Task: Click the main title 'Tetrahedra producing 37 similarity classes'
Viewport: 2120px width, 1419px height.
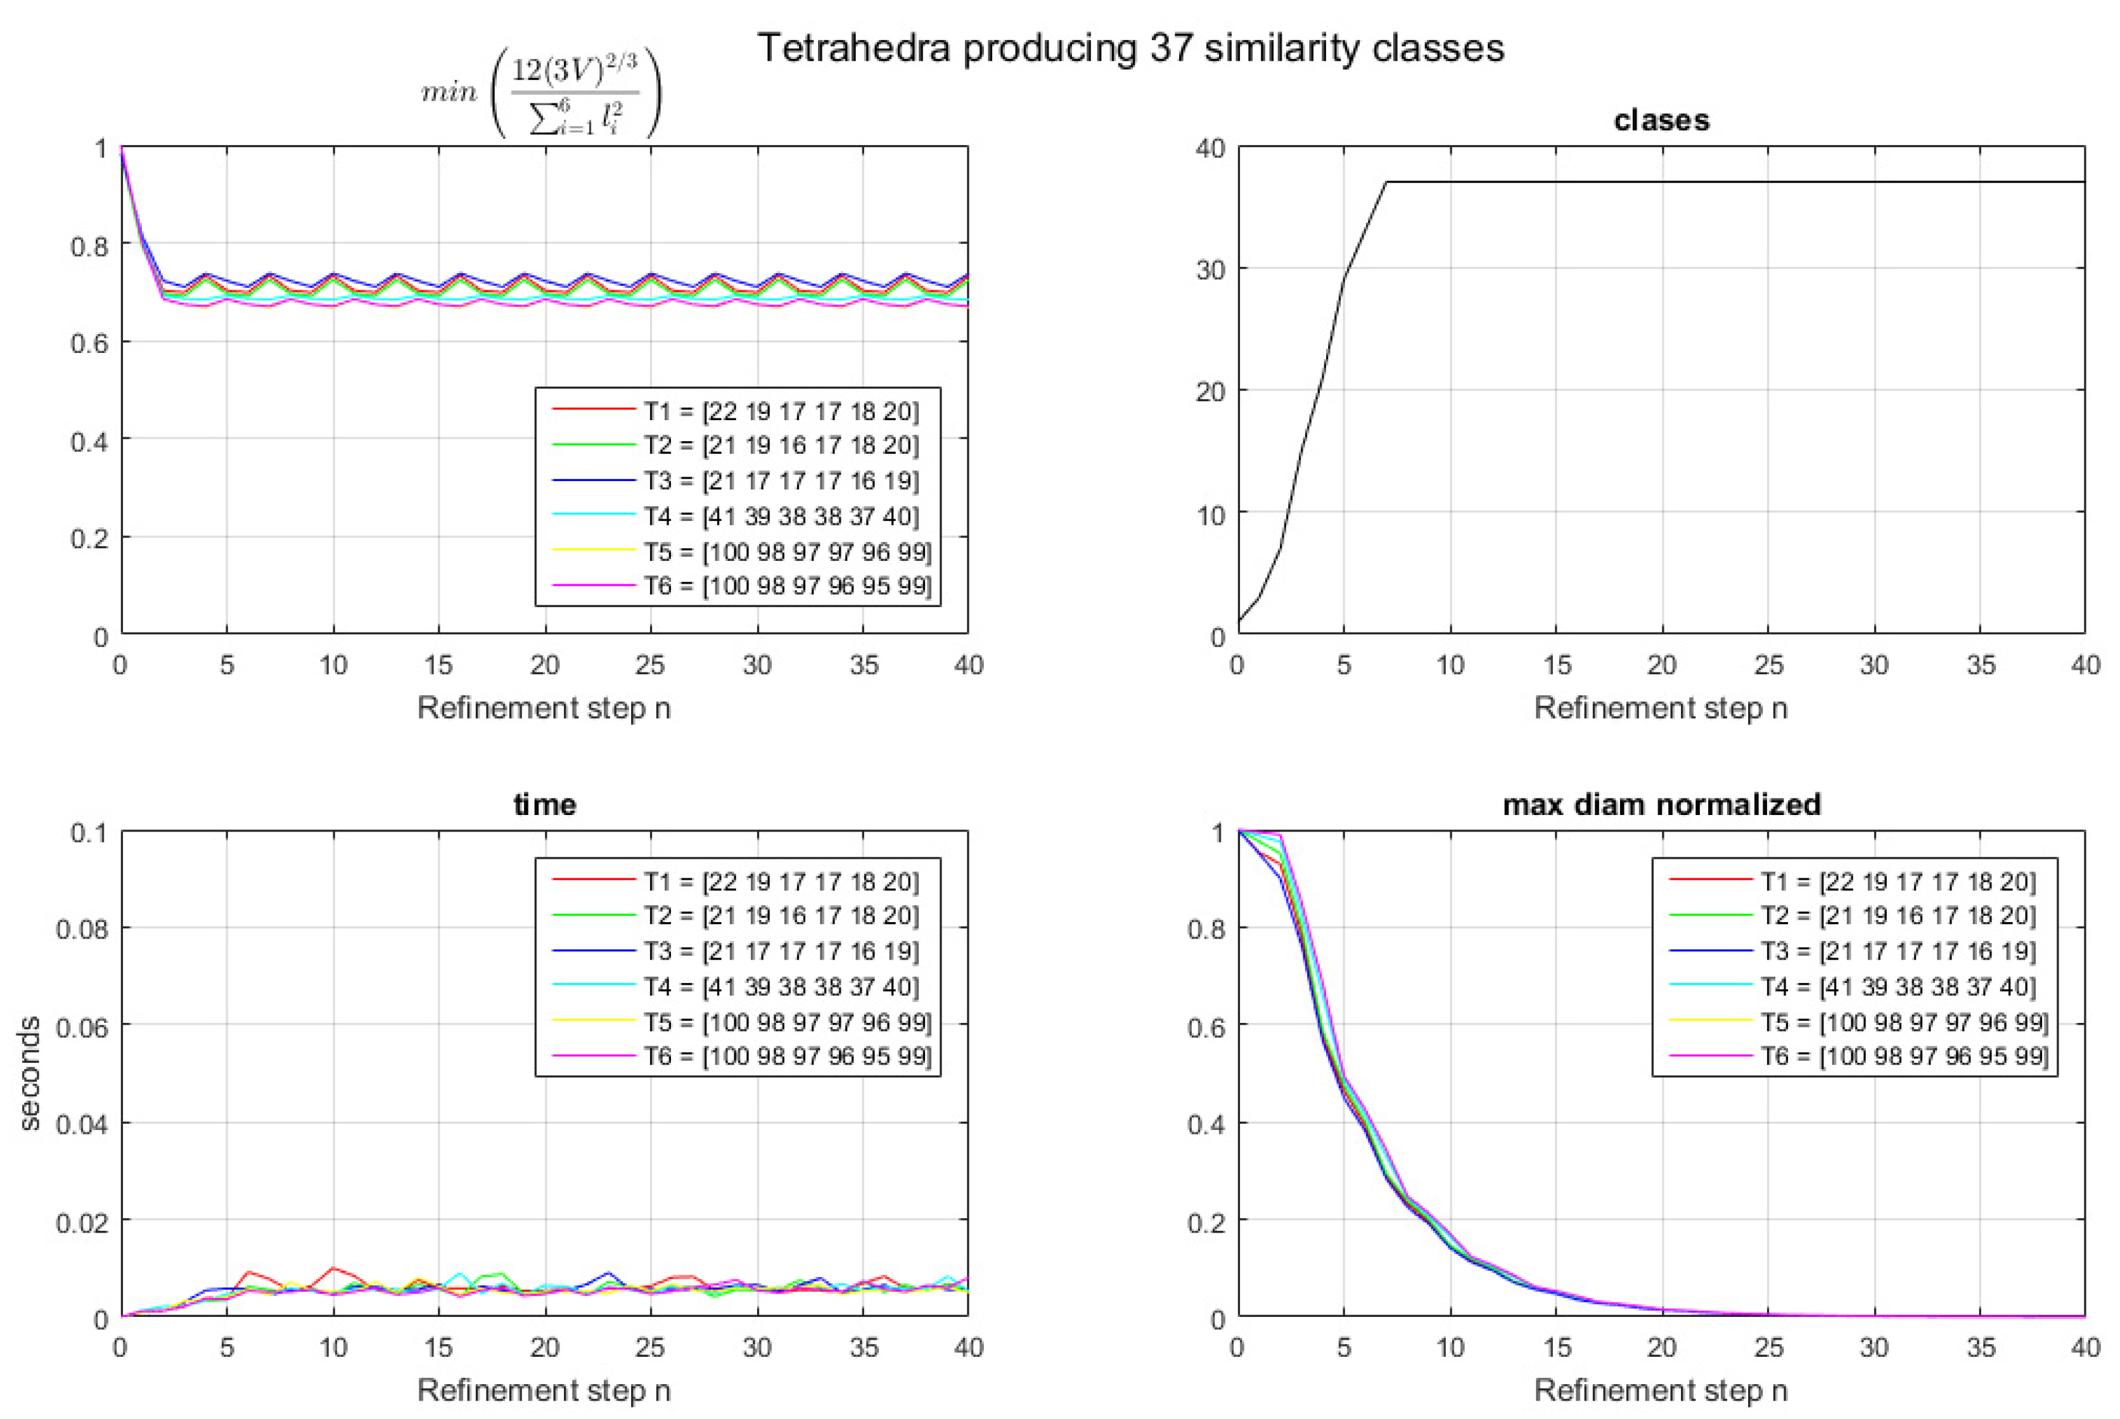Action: pos(1130,47)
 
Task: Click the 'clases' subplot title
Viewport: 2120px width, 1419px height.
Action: pos(1661,120)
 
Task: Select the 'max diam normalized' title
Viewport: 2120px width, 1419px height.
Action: pos(1661,804)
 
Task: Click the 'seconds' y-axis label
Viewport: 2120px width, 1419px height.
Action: pos(30,1074)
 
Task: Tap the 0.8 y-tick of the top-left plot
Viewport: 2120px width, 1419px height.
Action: pos(89,246)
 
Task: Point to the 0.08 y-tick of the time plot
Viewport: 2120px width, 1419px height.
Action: pos(82,928)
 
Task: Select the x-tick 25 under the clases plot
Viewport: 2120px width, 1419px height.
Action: pos(1767,665)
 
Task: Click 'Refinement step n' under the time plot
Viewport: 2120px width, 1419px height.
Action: pos(544,1389)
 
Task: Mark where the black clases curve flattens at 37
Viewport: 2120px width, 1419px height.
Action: pos(1387,183)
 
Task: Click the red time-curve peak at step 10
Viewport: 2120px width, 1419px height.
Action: pos(334,1268)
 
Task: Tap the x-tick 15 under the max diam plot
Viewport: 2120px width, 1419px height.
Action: pos(1555,1347)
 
